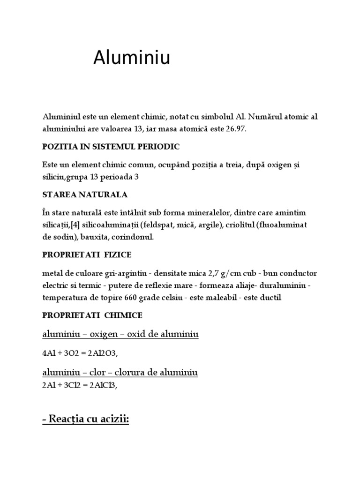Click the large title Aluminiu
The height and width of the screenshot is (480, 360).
tap(132, 58)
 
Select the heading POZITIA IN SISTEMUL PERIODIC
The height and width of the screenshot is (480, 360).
tap(111, 147)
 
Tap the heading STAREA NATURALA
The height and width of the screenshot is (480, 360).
tap(85, 195)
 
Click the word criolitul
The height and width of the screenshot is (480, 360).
tap(241, 225)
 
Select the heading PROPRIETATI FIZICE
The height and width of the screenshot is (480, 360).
tap(87, 255)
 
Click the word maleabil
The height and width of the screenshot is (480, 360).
tap(226, 297)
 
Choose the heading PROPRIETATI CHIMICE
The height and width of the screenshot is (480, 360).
tap(92, 315)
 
